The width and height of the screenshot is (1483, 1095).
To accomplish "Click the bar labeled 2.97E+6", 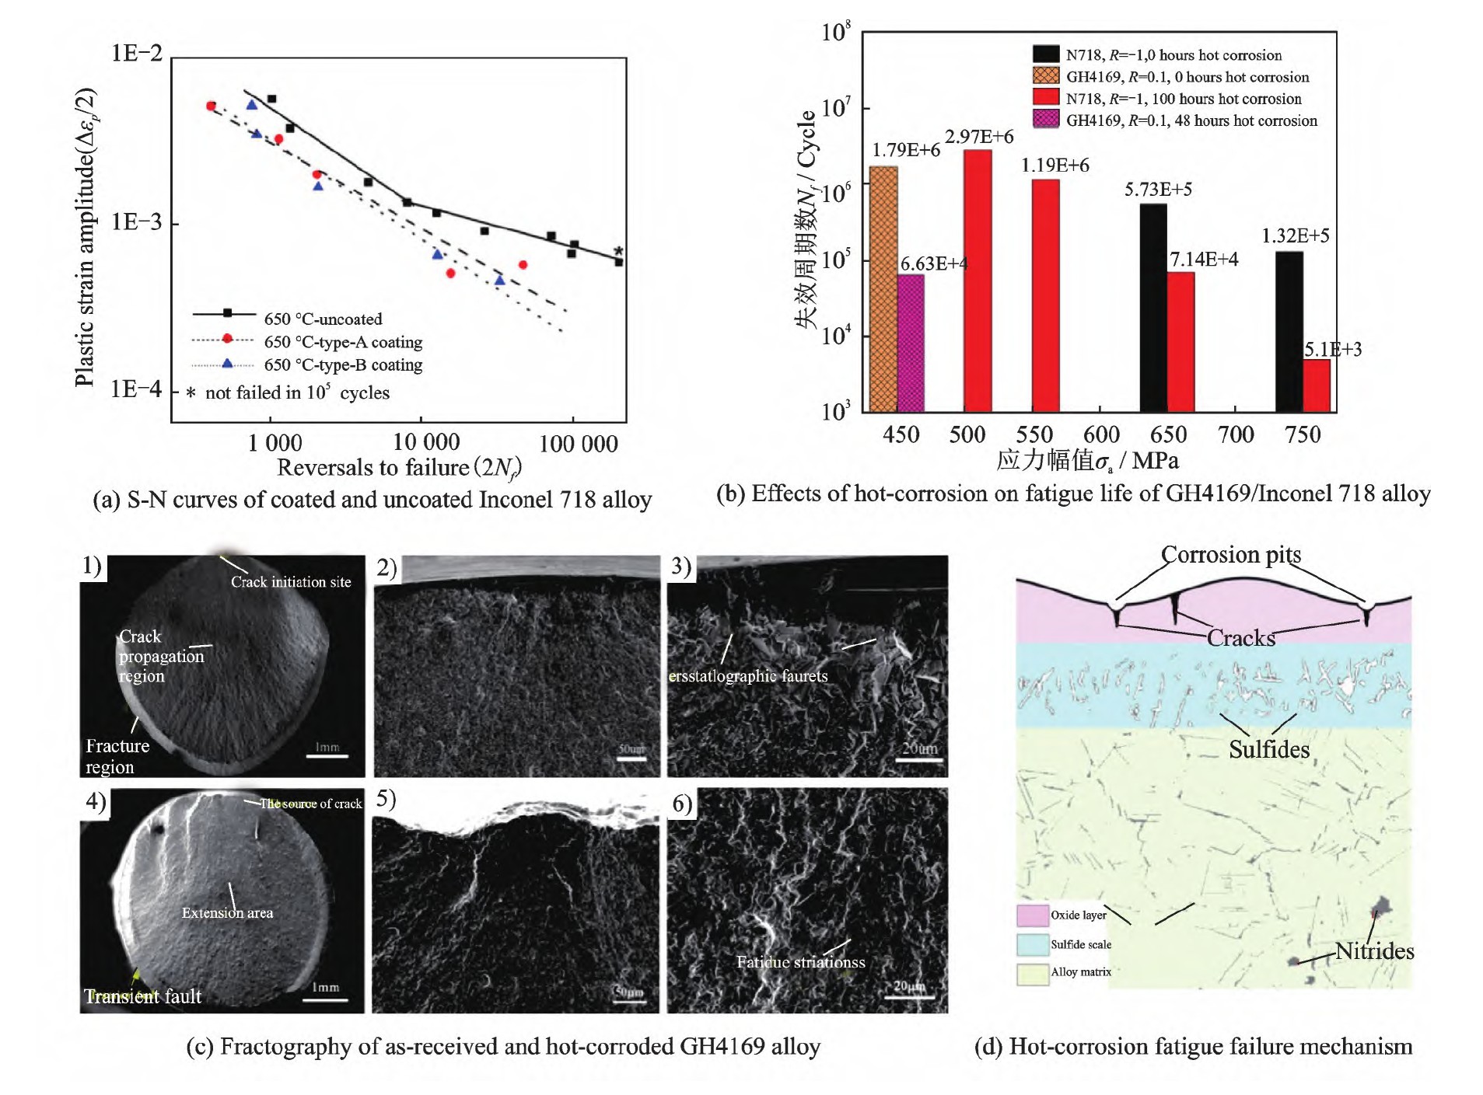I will (978, 280).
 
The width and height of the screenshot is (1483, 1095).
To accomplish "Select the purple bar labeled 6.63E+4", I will (911, 342).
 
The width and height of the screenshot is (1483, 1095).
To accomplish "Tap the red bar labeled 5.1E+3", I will (1316, 385).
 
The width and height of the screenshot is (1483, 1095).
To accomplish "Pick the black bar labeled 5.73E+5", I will (1152, 307).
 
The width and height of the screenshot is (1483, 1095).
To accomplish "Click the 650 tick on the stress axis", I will (1168, 434).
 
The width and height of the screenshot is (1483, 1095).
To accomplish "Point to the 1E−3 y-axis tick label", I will (136, 222).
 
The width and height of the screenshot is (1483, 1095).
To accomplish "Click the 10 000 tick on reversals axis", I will (425, 442).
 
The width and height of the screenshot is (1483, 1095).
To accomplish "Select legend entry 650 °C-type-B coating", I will (343, 364).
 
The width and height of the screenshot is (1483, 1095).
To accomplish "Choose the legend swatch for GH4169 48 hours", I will (1045, 120).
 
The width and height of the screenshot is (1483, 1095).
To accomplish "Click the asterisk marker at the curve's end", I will (618, 251).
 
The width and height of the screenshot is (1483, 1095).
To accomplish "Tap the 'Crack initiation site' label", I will (291, 581).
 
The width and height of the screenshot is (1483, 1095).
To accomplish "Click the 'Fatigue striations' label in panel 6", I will (800, 962).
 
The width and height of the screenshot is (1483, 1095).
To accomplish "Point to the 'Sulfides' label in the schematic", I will (1268, 749).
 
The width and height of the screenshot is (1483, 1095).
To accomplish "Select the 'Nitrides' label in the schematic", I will (1374, 950).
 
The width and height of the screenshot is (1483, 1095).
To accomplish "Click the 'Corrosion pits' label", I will (1230, 554).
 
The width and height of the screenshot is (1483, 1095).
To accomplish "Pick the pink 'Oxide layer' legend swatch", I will (1032, 915).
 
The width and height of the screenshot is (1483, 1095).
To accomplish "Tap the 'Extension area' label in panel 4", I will (227, 912).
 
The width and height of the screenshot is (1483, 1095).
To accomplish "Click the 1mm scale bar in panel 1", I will (327, 755).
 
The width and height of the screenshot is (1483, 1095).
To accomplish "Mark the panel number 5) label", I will (386, 799).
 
